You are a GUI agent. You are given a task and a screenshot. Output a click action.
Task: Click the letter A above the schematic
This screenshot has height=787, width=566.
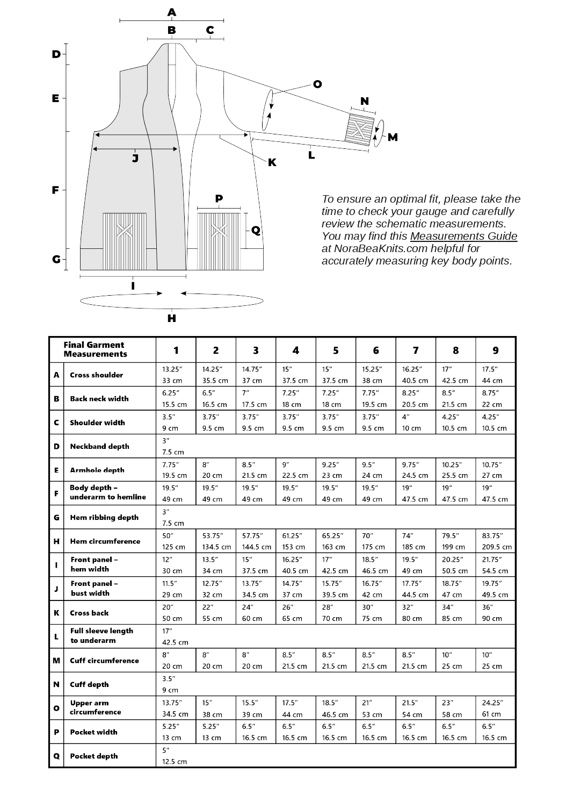click(x=171, y=12)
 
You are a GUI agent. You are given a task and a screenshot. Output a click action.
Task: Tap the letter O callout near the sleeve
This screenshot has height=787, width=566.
click(x=317, y=84)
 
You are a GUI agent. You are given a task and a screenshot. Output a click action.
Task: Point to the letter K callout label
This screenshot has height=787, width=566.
click(x=272, y=162)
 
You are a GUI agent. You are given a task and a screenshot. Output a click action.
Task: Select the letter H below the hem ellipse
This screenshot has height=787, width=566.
click(x=171, y=318)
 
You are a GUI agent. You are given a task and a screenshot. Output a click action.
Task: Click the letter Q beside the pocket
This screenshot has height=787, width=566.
click(x=256, y=230)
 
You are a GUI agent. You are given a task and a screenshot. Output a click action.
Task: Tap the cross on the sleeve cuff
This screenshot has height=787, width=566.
click(x=361, y=128)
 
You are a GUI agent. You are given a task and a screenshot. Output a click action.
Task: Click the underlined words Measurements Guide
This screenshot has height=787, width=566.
click(x=463, y=236)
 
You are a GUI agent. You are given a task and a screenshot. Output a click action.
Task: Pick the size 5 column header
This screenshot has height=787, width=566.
click(x=336, y=350)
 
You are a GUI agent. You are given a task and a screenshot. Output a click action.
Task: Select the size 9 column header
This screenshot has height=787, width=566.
click(x=495, y=350)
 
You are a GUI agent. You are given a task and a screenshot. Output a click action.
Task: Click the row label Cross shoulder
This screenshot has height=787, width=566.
click(x=96, y=375)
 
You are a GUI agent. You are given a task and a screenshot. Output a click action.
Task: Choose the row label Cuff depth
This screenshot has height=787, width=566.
click(x=89, y=684)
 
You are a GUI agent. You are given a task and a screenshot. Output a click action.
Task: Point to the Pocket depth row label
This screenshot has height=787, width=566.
click(x=93, y=756)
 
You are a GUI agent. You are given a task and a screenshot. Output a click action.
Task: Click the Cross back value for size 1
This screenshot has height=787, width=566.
click(x=176, y=613)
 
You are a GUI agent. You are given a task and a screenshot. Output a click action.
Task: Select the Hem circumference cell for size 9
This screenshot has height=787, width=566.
click(x=495, y=541)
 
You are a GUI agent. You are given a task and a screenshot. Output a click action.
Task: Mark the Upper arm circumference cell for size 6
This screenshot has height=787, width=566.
click(x=375, y=709)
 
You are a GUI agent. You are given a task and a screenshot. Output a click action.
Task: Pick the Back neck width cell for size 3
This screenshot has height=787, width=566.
click(x=256, y=398)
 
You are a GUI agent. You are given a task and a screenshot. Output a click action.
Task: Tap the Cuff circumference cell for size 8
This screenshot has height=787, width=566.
click(x=455, y=661)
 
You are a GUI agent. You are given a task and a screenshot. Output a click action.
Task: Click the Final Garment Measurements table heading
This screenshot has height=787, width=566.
click(x=95, y=349)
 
